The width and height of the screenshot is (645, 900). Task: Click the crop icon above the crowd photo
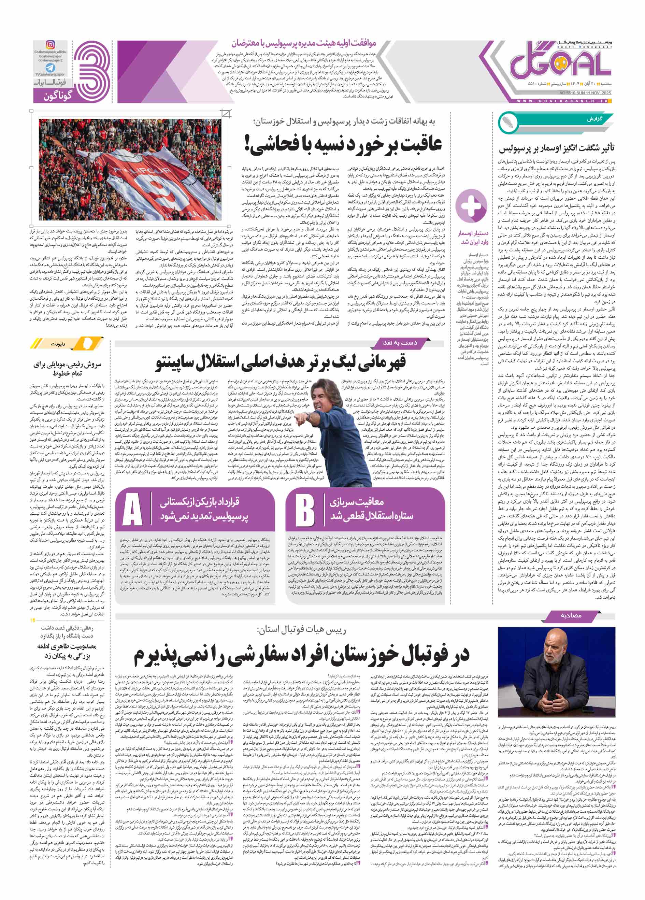pyautogui.click(x=226, y=114)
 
